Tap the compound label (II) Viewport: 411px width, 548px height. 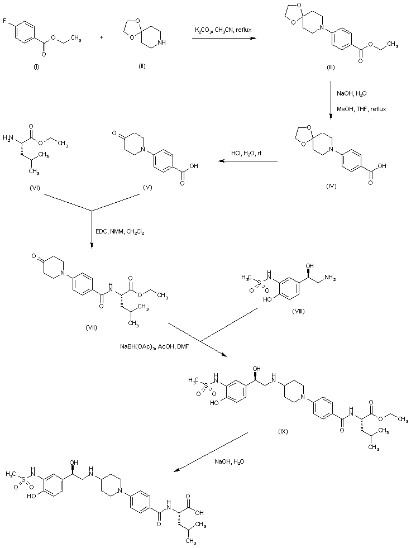pyautogui.click(x=141, y=66)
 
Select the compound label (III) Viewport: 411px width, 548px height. pyautogui.click(x=331, y=68)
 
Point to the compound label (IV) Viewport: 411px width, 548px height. pyautogui.click(x=331, y=186)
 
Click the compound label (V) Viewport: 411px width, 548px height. pyautogui.click(x=148, y=188)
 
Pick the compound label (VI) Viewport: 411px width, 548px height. pyautogui.click(x=35, y=188)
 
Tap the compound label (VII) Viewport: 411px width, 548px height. pyautogui.click(x=91, y=327)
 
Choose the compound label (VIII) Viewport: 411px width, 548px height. pyautogui.click(x=298, y=311)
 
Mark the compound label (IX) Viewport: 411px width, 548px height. pyautogui.click(x=283, y=431)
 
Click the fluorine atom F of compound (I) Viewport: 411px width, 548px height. pyautogui.click(x=4, y=21)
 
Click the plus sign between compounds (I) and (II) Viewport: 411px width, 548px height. pyautogui.click(x=101, y=37)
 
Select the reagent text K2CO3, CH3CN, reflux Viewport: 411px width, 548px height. pyautogui.click(x=223, y=30)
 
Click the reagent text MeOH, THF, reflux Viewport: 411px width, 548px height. pyautogui.click(x=361, y=109)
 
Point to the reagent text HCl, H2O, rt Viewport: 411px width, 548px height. pyautogui.click(x=246, y=154)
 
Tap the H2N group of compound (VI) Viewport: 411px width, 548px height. pyautogui.click(x=8, y=138)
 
